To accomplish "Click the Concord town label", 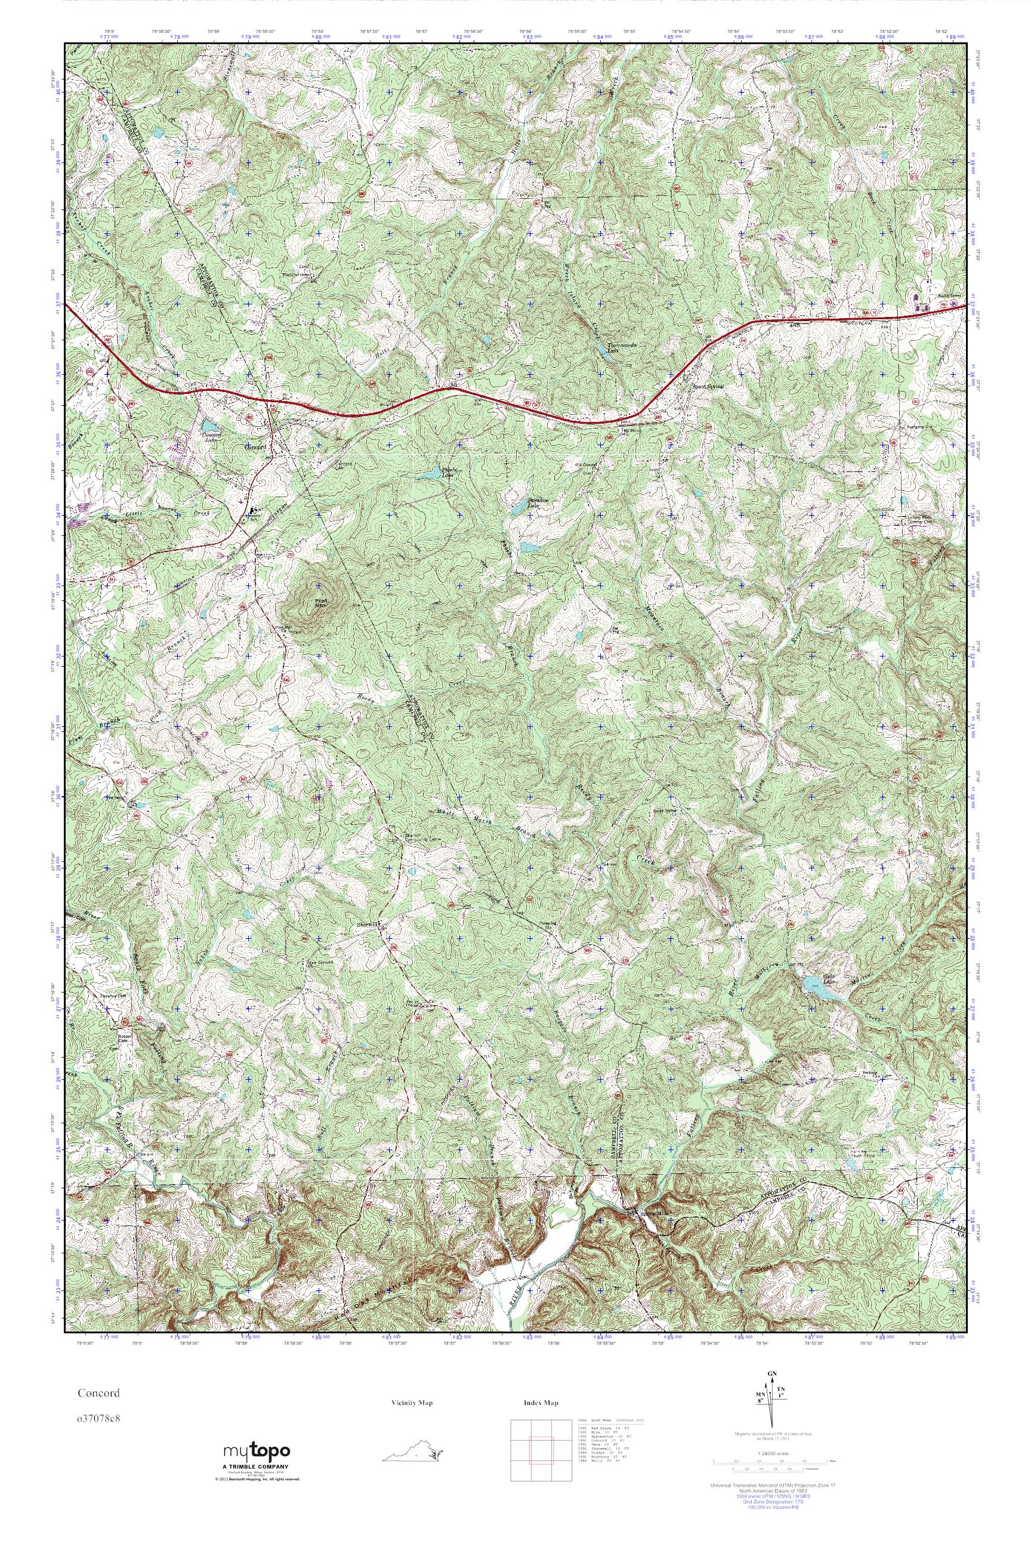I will (254, 447).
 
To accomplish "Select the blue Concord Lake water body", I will (208, 426).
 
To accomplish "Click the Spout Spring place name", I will (707, 387).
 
